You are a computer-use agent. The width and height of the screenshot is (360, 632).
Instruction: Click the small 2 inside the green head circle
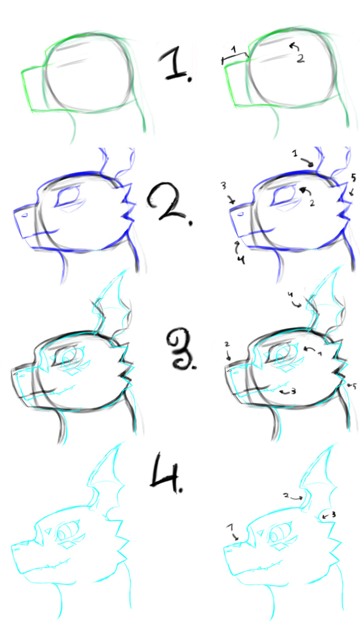point(301,58)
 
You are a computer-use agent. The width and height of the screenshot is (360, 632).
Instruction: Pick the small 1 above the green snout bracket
point(234,50)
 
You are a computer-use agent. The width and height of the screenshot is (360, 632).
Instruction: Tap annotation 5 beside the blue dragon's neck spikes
point(353,177)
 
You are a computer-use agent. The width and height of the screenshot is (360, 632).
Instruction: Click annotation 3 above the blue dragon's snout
point(223,186)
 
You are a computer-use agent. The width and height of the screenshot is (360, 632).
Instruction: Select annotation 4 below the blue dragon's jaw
point(241,259)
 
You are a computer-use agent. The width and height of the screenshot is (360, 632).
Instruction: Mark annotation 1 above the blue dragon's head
point(295,154)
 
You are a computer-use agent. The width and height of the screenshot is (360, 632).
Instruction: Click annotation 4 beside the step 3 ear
point(290,294)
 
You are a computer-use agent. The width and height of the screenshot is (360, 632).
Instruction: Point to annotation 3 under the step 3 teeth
point(293,391)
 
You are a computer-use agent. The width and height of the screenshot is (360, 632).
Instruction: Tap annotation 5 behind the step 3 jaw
point(354,386)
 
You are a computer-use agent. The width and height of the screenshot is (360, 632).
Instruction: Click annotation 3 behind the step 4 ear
point(334,514)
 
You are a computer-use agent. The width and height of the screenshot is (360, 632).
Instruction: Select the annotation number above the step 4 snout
point(231,527)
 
